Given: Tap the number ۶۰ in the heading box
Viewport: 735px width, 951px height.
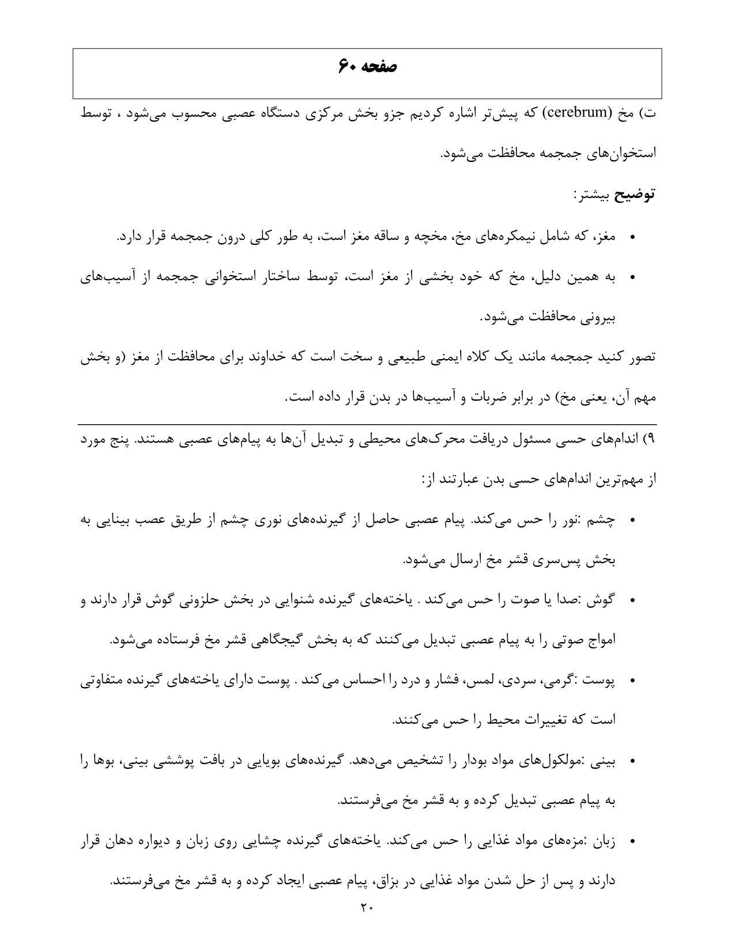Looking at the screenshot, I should [349, 67].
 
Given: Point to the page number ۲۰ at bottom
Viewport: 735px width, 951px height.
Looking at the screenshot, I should [367, 908].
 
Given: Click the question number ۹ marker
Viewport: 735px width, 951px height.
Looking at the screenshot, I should [651, 439].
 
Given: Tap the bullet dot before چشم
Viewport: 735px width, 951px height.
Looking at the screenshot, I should [632, 520].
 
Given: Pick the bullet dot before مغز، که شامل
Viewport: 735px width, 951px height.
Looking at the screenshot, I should [632, 237].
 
